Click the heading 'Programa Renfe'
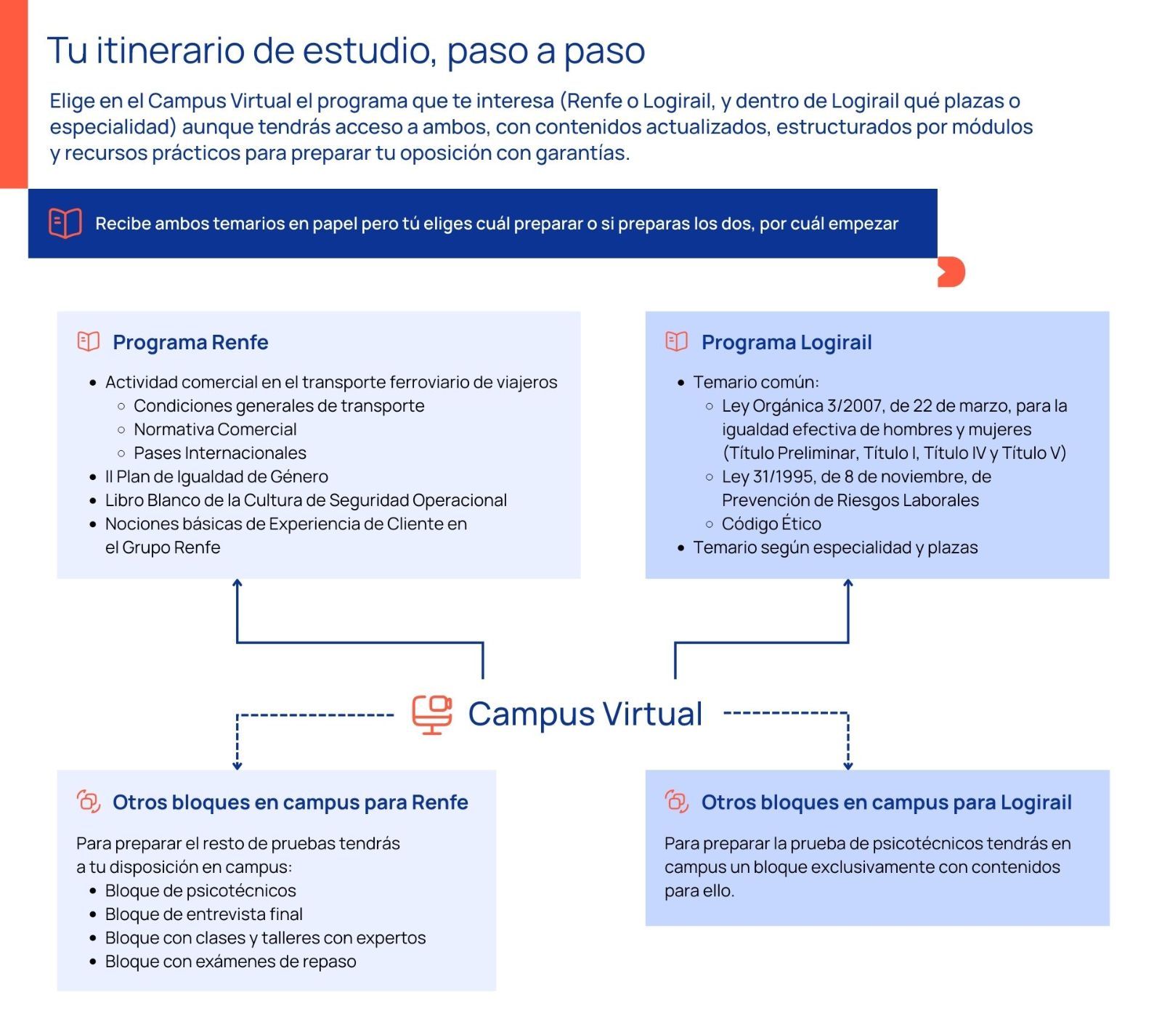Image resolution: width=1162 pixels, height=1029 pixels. point(190,342)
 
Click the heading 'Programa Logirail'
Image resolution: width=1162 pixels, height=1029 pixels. point(786,342)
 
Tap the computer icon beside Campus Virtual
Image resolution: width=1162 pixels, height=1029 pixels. point(432,715)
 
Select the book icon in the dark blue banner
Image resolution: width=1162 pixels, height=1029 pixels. point(65,223)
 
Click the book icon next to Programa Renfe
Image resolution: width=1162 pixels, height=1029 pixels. point(89,341)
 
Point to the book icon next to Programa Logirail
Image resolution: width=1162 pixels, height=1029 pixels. point(676,341)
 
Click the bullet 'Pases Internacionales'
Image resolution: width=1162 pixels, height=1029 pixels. point(219,453)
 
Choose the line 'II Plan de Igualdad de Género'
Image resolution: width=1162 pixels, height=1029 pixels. point(216,476)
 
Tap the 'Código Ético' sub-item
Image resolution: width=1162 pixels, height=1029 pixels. point(771,524)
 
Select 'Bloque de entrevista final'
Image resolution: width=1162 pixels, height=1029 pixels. point(203,914)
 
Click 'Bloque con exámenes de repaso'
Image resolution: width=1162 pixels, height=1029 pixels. point(230,961)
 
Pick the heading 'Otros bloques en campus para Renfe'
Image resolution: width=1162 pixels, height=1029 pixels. point(290,802)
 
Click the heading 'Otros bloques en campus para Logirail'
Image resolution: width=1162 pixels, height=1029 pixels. point(886,802)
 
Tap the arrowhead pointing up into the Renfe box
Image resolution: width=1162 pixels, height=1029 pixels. point(237,583)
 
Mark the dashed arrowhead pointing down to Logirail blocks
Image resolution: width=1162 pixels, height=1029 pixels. point(848,765)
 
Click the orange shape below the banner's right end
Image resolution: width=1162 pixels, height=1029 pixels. point(951,272)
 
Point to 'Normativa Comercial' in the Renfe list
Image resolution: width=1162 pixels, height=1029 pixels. point(215,429)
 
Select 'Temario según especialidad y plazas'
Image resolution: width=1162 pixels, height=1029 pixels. point(835,548)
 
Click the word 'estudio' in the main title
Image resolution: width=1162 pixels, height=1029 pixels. point(369,51)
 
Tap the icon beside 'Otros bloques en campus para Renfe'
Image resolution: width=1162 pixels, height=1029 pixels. point(89,802)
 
